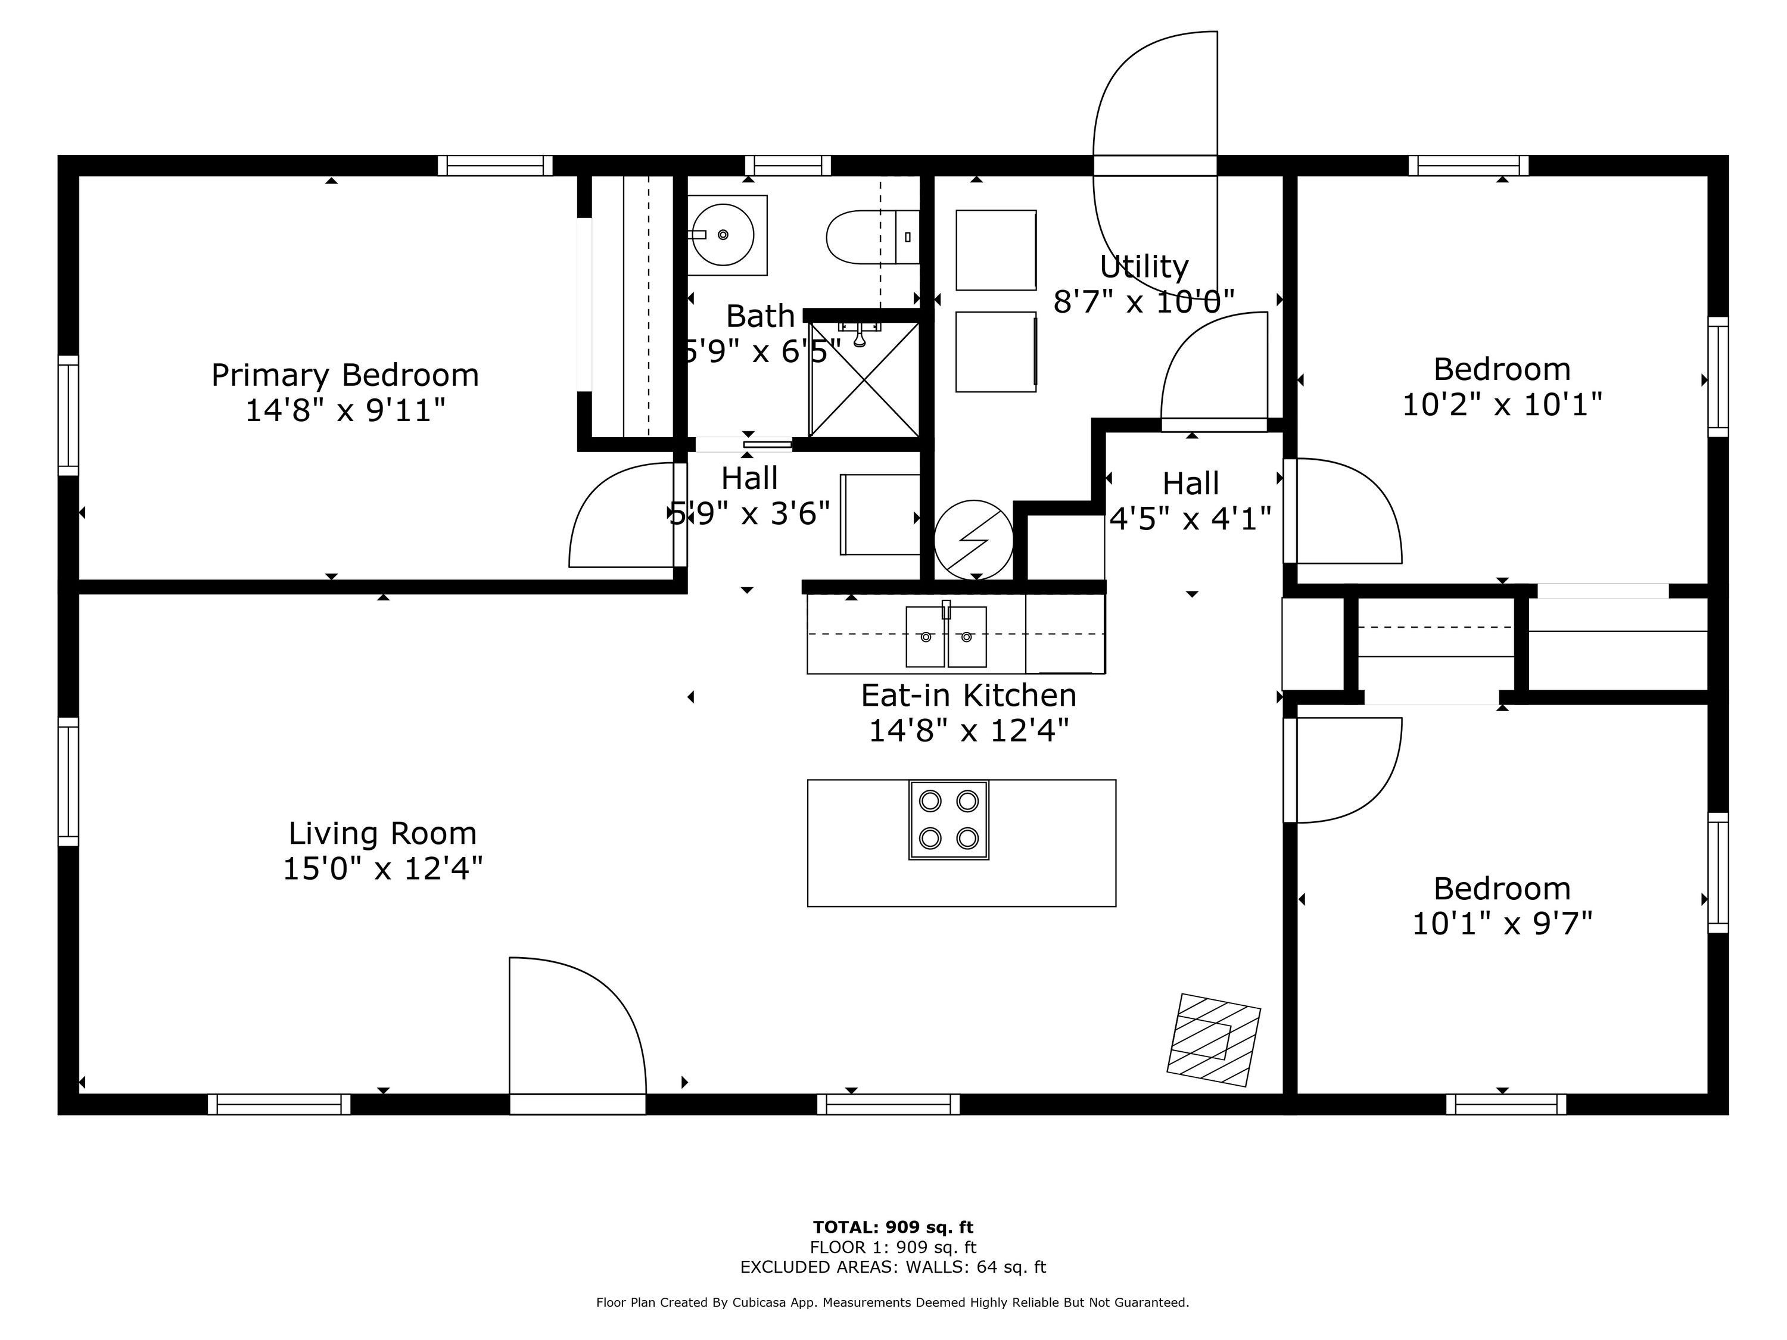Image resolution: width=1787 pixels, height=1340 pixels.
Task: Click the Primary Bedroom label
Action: pos(345,376)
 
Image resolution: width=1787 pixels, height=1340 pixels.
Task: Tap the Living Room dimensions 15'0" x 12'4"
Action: pos(383,869)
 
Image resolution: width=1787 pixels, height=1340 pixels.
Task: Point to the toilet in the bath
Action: pos(873,236)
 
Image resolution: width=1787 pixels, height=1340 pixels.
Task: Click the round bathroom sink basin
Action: pos(724,235)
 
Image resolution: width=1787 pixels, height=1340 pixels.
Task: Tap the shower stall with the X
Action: pos(864,379)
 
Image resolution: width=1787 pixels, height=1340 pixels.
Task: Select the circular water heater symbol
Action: pos(973,540)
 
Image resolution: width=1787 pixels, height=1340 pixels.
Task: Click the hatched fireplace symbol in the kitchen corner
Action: pos(1213,1039)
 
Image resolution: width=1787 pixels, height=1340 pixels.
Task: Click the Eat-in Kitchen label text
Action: pos(969,696)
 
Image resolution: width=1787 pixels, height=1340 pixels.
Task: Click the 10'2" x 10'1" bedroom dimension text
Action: pos(1502,404)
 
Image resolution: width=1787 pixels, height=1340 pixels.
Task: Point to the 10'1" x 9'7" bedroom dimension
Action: pos(1502,923)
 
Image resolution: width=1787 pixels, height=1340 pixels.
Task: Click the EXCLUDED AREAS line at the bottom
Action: pos(893,1267)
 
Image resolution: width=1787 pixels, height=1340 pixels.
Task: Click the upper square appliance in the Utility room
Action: pos(996,250)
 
